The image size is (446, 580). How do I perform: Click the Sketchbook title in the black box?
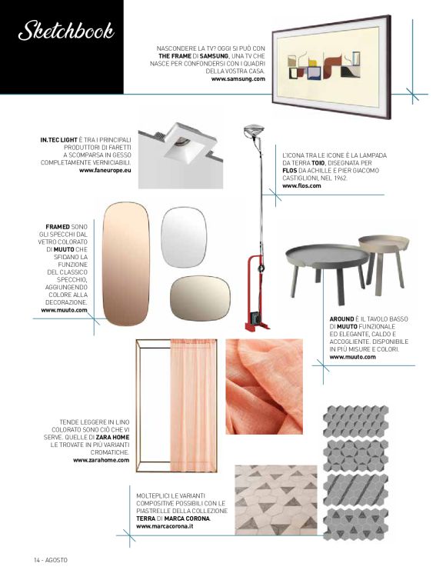[66, 30]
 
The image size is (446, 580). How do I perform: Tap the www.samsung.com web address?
[238, 78]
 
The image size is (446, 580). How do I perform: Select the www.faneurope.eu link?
[105, 171]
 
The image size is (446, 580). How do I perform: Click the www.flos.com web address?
[301, 185]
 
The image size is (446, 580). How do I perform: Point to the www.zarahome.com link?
[101, 460]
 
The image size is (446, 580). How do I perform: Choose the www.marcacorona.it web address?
[165, 526]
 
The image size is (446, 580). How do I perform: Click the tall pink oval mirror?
[126, 264]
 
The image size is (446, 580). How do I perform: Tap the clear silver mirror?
[184, 237]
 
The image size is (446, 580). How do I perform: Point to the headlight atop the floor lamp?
[254, 131]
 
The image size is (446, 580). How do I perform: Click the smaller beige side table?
[384, 259]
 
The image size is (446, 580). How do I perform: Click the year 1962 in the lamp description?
[341, 178]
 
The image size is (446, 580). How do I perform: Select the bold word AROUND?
[341, 319]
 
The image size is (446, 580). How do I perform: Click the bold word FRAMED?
[58, 226]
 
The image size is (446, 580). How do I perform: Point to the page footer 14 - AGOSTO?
[51, 560]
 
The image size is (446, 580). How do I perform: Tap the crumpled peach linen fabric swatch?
[264, 387]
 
